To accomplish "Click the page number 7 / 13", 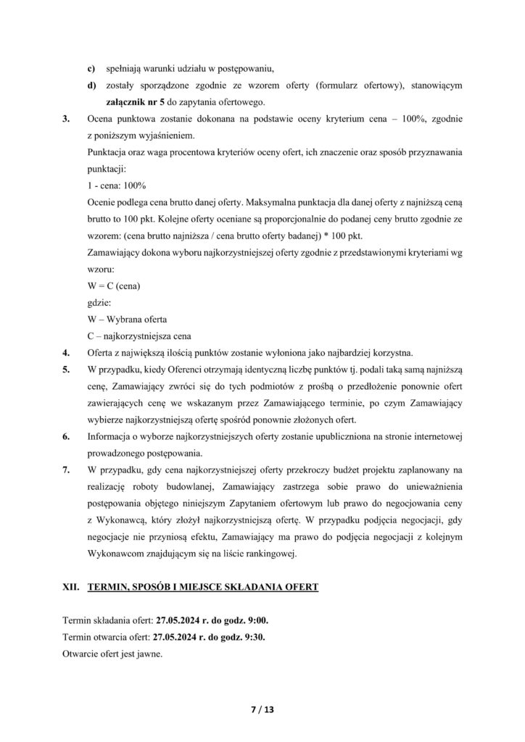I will pos(262,709).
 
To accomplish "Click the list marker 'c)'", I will pos(91,69).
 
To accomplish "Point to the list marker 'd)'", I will pos(91,85).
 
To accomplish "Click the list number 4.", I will pos(66,353).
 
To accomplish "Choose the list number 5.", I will pos(66,370).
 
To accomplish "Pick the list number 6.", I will pos(66,437).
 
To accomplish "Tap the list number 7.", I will pos(66,471).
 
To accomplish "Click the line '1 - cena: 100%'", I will pos(115,185).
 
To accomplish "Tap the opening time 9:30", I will pos(266,638).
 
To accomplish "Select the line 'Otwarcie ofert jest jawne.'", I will pos(113,654).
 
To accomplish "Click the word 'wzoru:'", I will pos(100,269).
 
